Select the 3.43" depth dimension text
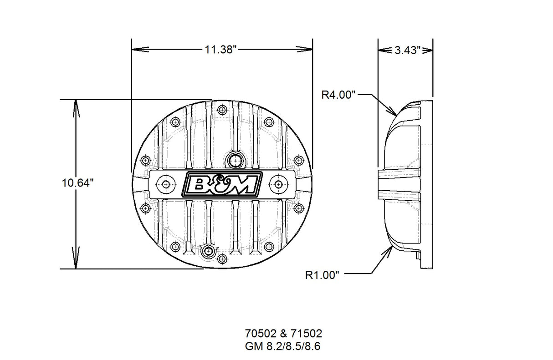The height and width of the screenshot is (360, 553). point(406,50)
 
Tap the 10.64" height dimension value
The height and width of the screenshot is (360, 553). point(78,183)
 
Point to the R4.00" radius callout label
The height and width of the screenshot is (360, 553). point(338,95)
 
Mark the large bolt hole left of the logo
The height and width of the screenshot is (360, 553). point(165,184)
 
